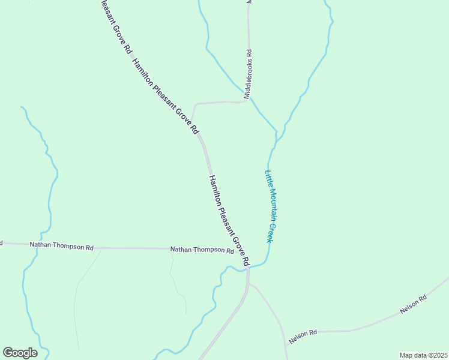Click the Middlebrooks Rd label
(x=248, y=74)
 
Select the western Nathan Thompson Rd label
(x=65, y=247)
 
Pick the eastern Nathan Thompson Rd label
(x=202, y=250)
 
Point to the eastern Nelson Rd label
(x=414, y=305)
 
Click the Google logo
(x=20, y=353)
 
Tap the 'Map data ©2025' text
(x=423, y=355)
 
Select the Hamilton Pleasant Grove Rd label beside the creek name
(x=229, y=220)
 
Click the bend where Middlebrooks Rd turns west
(x=248, y=100)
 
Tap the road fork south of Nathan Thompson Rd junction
(x=248, y=284)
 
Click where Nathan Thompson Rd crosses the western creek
(x=29, y=245)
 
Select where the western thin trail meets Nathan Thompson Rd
(x=101, y=248)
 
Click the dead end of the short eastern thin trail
(x=185, y=313)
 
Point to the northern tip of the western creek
(x=22, y=107)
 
